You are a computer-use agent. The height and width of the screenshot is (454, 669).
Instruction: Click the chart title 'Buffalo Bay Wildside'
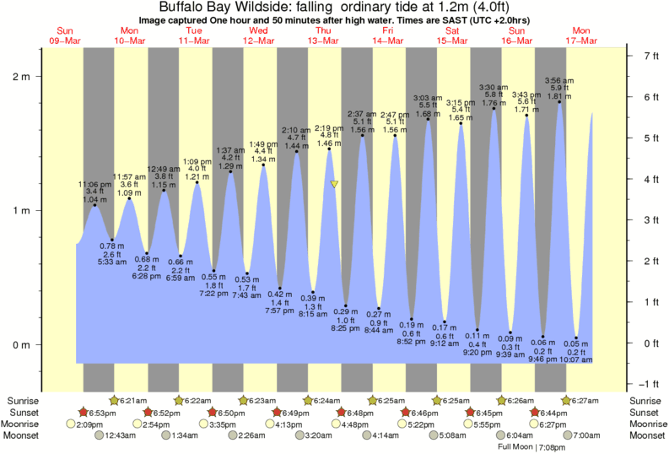[x=228, y=8]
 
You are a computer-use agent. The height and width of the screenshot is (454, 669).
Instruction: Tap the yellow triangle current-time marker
[x=335, y=183]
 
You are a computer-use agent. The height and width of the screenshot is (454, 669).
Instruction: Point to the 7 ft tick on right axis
[x=650, y=56]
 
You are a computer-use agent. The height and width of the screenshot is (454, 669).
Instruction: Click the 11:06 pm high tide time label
[x=94, y=184]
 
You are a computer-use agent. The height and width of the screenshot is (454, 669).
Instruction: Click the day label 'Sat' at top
[x=452, y=30]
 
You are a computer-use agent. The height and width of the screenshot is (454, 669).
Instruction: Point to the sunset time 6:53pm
[x=102, y=412]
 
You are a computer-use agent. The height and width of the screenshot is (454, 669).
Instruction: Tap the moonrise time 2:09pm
[x=99, y=424]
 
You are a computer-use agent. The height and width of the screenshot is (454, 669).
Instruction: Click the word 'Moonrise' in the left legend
[x=25, y=424]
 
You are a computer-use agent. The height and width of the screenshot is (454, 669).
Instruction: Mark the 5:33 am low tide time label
[x=112, y=262]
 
